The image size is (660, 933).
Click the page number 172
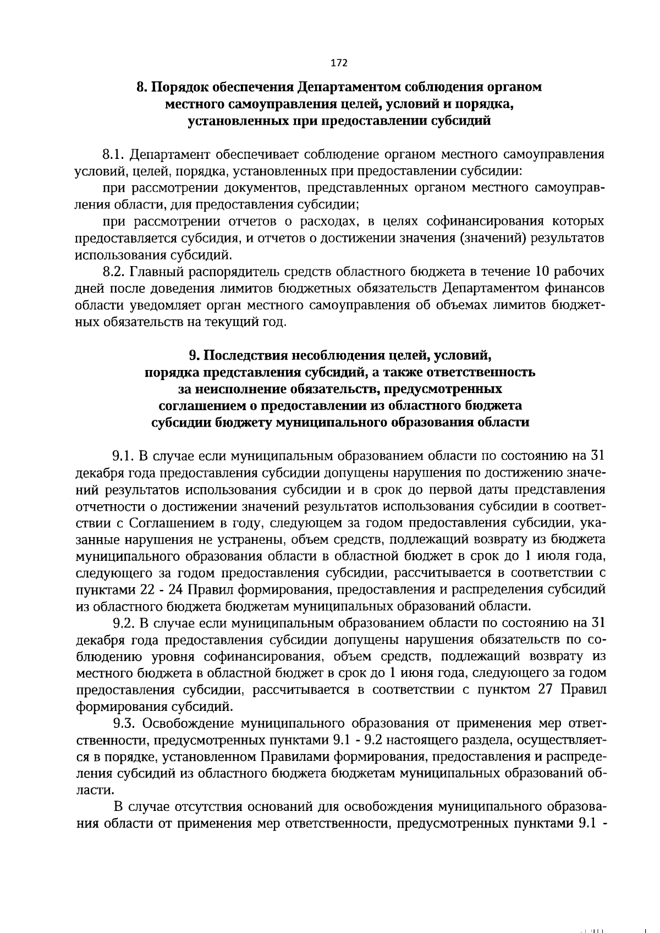pyautogui.click(x=339, y=63)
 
